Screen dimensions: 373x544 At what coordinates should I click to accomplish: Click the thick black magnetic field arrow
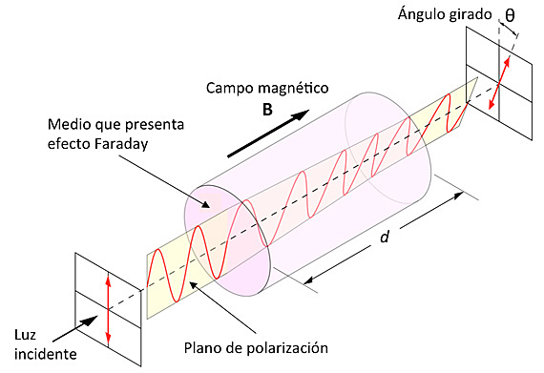pyautogui.click(x=270, y=133)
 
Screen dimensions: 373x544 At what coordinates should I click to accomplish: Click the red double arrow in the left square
pyautogui.click(x=110, y=308)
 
